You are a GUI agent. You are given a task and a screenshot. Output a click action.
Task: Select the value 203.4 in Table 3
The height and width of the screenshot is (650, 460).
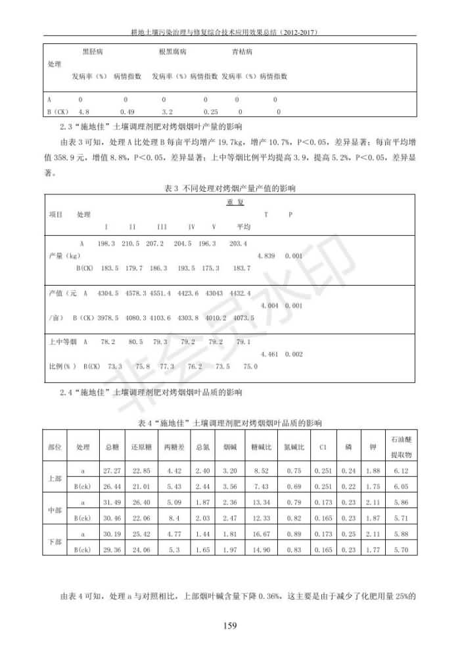(x=238, y=244)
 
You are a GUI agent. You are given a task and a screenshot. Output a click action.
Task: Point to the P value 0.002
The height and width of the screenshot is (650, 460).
(x=294, y=354)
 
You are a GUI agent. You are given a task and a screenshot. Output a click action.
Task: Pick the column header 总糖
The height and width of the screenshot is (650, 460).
(x=112, y=447)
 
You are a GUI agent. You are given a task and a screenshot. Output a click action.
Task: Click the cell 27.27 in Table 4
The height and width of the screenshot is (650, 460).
(x=112, y=471)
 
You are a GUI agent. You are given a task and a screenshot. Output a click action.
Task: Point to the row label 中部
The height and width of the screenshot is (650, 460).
(x=55, y=510)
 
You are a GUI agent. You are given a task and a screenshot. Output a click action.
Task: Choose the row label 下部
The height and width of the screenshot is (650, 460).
(x=55, y=542)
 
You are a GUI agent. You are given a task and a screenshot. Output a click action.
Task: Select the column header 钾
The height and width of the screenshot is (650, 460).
(x=373, y=447)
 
